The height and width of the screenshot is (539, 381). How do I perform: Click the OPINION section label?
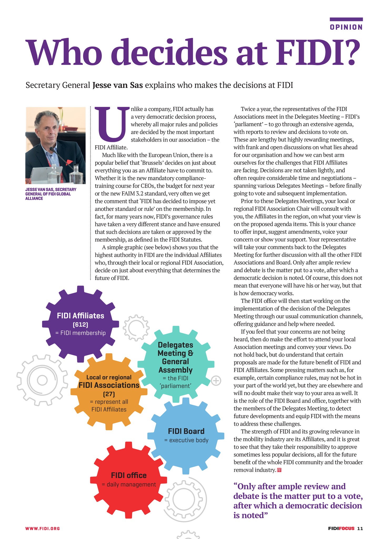(x=346, y=27)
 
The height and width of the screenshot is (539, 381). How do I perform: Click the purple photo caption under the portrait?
(x=51, y=194)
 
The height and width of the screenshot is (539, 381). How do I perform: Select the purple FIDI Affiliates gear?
(x=81, y=324)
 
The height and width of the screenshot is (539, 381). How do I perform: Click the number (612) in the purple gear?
(x=80, y=325)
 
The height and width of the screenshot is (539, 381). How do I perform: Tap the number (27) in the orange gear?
(x=109, y=394)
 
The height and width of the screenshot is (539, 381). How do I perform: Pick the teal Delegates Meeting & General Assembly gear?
(x=176, y=365)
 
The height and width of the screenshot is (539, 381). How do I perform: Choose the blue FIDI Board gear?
(x=186, y=436)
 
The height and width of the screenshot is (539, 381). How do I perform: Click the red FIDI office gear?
(x=129, y=480)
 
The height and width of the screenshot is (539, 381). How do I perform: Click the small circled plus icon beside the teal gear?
(x=216, y=381)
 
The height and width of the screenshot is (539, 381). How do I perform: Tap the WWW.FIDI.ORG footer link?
(x=43, y=528)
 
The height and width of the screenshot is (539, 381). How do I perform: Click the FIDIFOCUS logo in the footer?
(x=341, y=528)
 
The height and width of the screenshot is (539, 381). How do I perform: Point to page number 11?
(x=360, y=528)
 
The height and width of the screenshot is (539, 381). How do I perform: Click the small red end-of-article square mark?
(x=279, y=470)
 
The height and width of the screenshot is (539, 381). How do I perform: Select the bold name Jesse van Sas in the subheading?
(x=118, y=85)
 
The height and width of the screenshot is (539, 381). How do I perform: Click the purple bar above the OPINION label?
(x=346, y=19)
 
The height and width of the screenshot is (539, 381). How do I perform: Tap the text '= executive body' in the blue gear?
(x=186, y=440)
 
